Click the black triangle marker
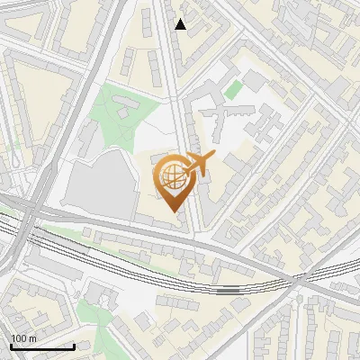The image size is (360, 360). pyautogui.click(x=181, y=24)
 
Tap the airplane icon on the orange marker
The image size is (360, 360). pyautogui.click(x=198, y=164)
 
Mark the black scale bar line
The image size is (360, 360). pyautogui.click(x=42, y=347)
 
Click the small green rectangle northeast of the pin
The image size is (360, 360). pyautogui.click(x=233, y=90)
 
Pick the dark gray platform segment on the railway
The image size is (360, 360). pyautogui.click(x=229, y=291)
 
